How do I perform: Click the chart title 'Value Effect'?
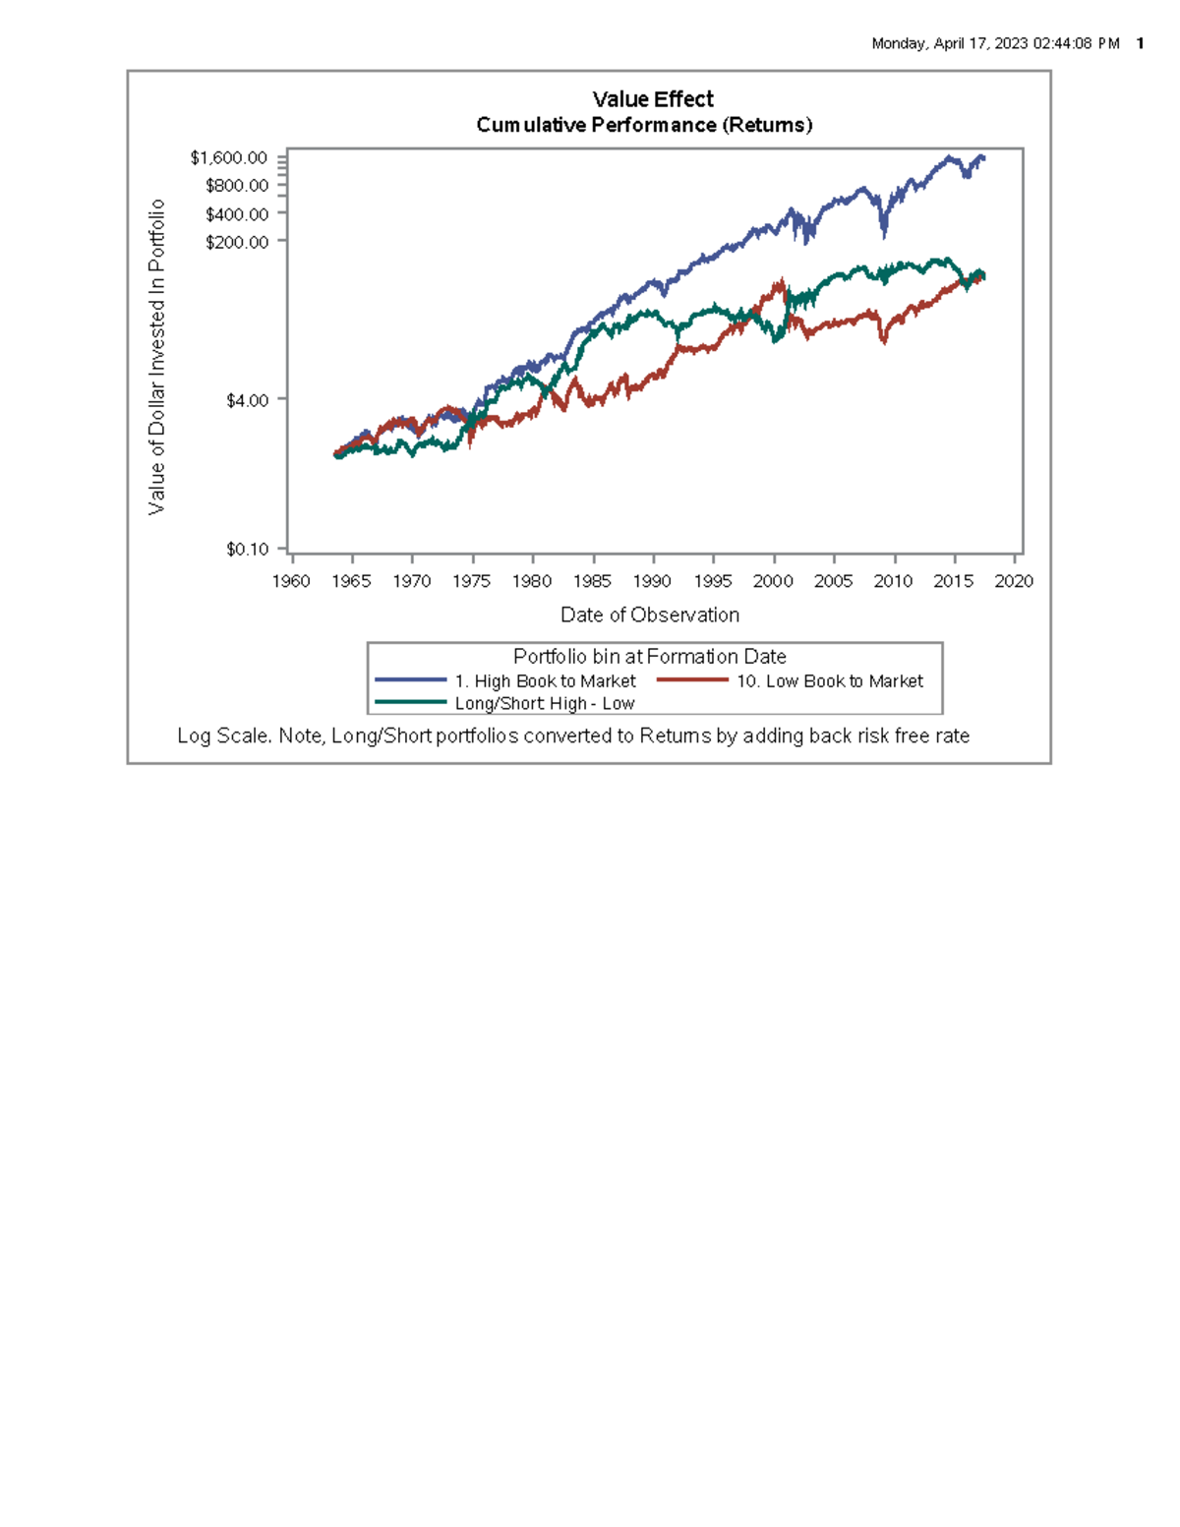[653, 99]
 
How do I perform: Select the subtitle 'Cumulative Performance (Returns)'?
[644, 125]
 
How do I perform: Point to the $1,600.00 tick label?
[229, 158]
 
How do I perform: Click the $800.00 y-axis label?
[237, 186]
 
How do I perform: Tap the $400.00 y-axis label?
[237, 214]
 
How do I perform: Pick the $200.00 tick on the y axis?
[237, 242]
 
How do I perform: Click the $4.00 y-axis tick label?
[247, 400]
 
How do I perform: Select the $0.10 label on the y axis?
[247, 550]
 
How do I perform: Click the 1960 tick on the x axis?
[291, 581]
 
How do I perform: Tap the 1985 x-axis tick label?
[592, 581]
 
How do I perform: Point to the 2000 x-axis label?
[773, 581]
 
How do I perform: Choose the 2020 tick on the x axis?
[1014, 581]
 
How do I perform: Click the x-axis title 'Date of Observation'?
[650, 615]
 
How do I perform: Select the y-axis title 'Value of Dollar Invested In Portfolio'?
[156, 357]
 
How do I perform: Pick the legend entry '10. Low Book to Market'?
[830, 681]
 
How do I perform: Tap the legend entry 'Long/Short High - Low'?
[545, 703]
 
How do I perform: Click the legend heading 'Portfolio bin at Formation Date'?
[650, 657]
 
